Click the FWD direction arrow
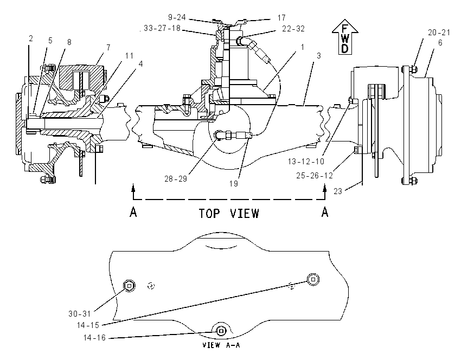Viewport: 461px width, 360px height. pyautogui.click(x=345, y=37)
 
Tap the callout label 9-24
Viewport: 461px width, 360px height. pyautogui.click(x=177, y=17)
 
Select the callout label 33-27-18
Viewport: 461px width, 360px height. pyautogui.click(x=162, y=28)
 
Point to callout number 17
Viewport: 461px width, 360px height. pyautogui.click(x=281, y=18)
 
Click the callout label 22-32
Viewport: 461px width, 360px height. pyautogui.click(x=293, y=29)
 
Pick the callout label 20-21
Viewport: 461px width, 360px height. pyautogui.click(x=439, y=33)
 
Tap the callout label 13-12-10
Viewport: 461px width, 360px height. pyautogui.click(x=306, y=162)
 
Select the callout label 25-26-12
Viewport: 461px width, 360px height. pyautogui.click(x=314, y=176)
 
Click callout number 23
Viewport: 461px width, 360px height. pyautogui.click(x=338, y=191)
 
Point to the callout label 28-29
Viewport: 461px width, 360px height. pyautogui.click(x=176, y=179)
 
